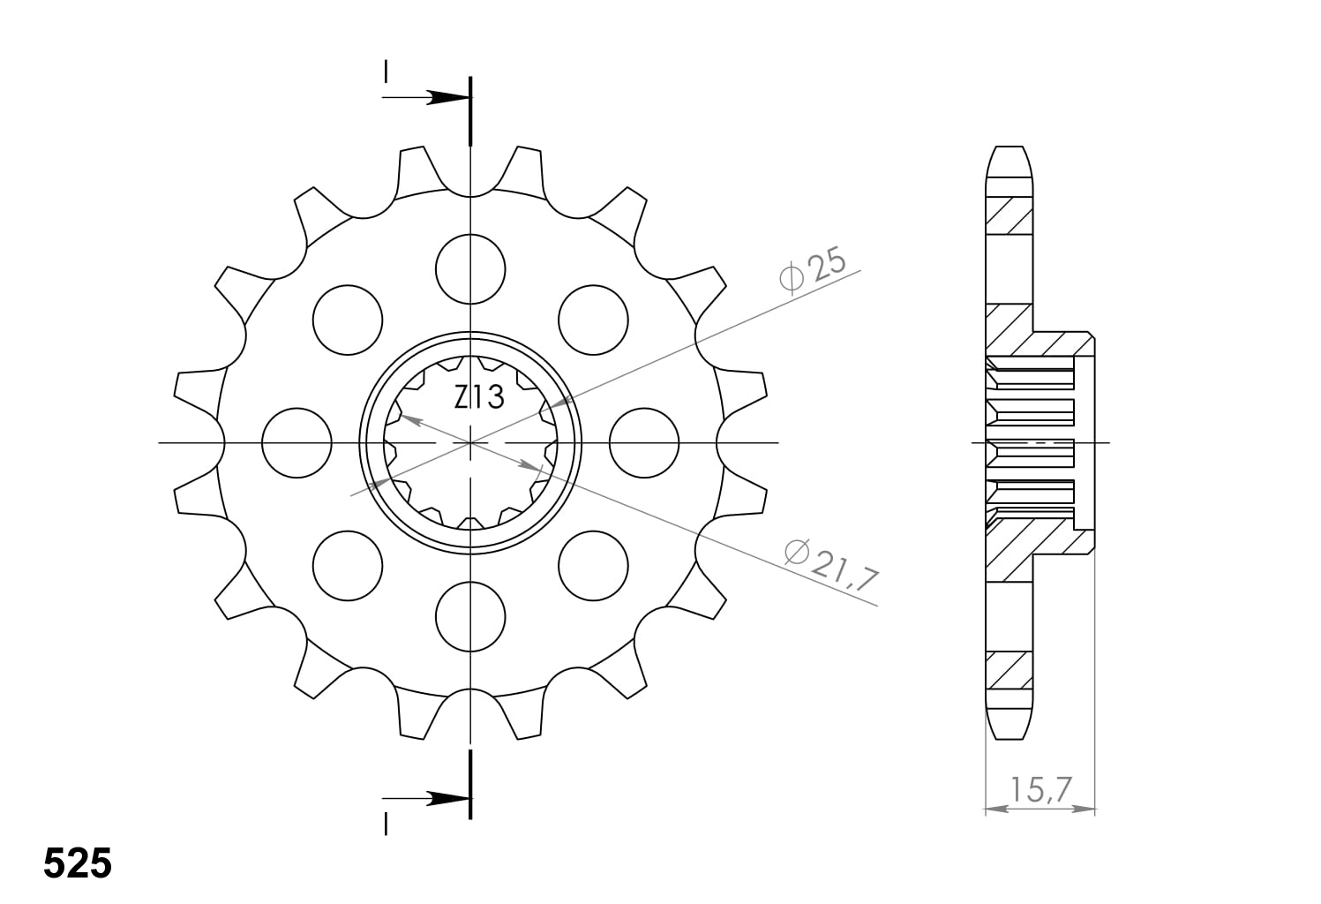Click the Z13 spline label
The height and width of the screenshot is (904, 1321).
point(479,398)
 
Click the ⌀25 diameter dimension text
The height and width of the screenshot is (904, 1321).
point(813,269)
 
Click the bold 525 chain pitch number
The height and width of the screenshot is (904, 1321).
point(78,863)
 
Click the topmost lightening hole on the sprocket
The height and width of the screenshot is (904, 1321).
point(471,268)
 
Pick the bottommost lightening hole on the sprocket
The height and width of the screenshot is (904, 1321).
point(471,615)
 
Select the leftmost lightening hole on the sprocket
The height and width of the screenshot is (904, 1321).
point(297,442)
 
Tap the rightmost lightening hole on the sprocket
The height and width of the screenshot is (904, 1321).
point(645,442)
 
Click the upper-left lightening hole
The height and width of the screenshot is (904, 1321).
point(348,320)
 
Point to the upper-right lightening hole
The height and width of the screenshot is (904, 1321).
point(594,320)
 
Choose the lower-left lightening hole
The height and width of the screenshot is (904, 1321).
point(348,565)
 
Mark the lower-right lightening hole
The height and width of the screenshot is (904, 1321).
point(594,565)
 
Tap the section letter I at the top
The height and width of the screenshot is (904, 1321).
point(386,71)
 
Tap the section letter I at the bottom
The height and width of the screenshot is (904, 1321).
point(386,824)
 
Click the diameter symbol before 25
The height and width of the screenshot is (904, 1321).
point(792,277)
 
